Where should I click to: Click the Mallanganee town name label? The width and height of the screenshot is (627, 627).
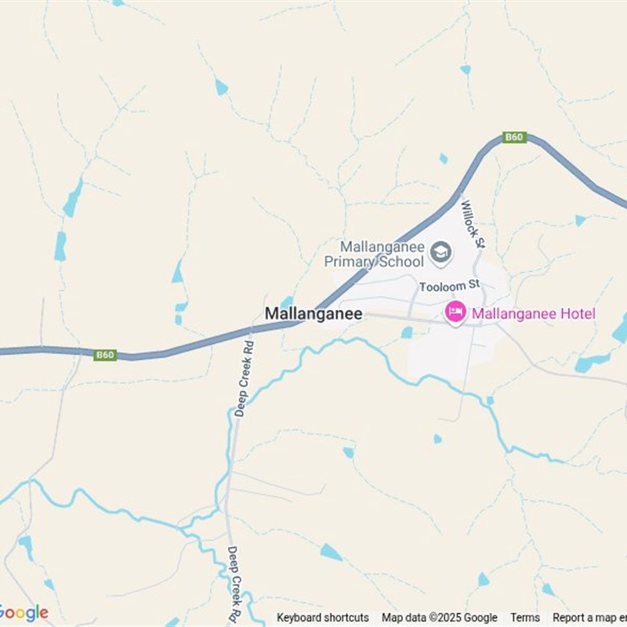pyautogui.click(x=313, y=313)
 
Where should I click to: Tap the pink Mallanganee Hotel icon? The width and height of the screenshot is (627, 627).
pyautogui.click(x=455, y=313)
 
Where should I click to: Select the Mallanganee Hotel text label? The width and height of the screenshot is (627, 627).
pyautogui.click(x=533, y=313)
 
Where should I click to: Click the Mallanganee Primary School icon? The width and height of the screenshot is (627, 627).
pyautogui.click(x=441, y=254)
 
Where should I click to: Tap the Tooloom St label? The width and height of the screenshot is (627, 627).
pyautogui.click(x=448, y=287)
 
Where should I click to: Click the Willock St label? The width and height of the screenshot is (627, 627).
pyautogui.click(x=473, y=224)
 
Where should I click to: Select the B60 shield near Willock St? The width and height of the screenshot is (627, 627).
pyautogui.click(x=514, y=137)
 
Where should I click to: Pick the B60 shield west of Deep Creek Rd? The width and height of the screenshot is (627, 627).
pyautogui.click(x=105, y=355)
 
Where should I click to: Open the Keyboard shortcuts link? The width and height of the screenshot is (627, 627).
pyautogui.click(x=322, y=618)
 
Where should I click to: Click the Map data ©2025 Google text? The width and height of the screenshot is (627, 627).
pyautogui.click(x=439, y=618)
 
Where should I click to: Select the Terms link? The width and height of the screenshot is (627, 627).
pyautogui.click(x=525, y=618)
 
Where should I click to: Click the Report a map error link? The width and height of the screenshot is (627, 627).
pyautogui.click(x=589, y=618)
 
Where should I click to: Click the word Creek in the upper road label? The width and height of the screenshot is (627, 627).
pyautogui.click(x=244, y=375)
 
